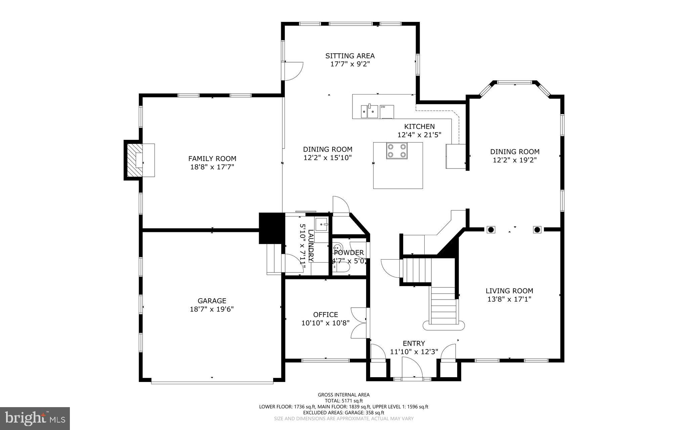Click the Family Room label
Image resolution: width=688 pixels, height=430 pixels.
tap(212, 158)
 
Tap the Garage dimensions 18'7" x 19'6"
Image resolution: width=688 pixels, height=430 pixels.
tap(212, 309)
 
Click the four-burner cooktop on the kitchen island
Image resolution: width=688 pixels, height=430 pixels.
tap(396, 151)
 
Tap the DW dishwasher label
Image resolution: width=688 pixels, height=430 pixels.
tap(383, 107)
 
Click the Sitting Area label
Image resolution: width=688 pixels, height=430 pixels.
tap(350, 56)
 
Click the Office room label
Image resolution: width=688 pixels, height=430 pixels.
tap(326, 315)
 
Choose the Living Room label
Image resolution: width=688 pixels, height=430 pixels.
tap(509, 291)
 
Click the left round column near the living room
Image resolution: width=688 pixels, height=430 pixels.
tap(491, 230)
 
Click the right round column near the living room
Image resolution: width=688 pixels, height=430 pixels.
tap(537, 230)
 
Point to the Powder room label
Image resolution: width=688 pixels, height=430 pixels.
tap(349, 252)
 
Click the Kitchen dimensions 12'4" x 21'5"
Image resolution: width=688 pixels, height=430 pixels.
tap(419, 135)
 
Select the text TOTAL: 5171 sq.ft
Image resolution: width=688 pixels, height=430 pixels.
tap(343, 401)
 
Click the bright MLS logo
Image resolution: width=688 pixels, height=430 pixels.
tap(35, 418)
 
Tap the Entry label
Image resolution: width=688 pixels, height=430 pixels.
tap(414, 343)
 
